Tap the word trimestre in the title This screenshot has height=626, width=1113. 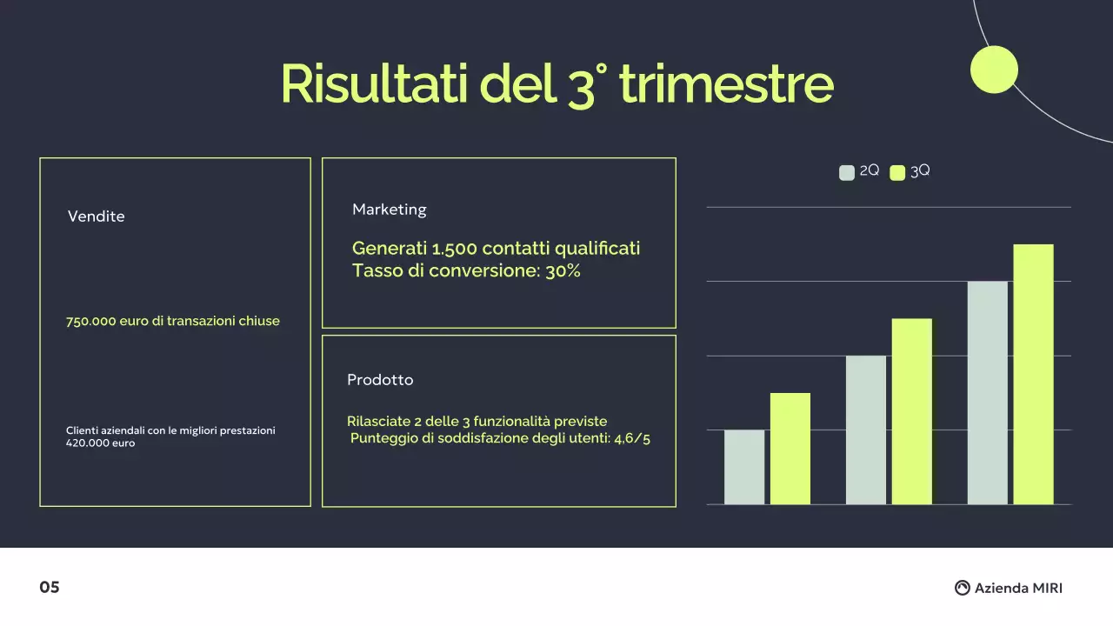coord(726,84)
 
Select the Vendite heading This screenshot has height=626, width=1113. coord(97,216)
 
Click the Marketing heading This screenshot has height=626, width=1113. coord(390,210)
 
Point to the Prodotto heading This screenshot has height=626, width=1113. coord(380,380)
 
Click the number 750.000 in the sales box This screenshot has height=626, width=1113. coord(90,321)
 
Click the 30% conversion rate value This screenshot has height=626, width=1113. coord(563,271)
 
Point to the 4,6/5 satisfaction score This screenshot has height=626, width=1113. coord(632,438)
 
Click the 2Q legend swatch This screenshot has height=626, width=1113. coord(847,172)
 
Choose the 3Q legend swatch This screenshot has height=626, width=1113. coord(897,172)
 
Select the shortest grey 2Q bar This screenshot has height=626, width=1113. coord(744,467)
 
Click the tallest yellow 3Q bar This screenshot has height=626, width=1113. coord(1033,374)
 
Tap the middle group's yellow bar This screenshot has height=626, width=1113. coord(911,411)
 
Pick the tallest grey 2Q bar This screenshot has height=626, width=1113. coord(987,393)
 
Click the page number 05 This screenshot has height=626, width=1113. coord(50,588)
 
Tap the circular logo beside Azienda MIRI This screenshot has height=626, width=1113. coord(962,588)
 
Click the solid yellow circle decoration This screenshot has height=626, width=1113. coord(994,70)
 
